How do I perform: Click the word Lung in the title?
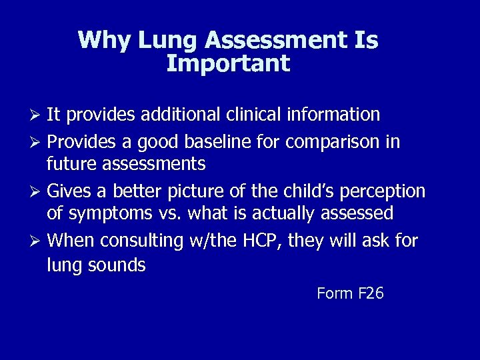click(168, 41)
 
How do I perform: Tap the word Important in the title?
click(228, 64)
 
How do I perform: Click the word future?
click(72, 163)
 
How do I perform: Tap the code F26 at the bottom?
click(371, 293)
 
